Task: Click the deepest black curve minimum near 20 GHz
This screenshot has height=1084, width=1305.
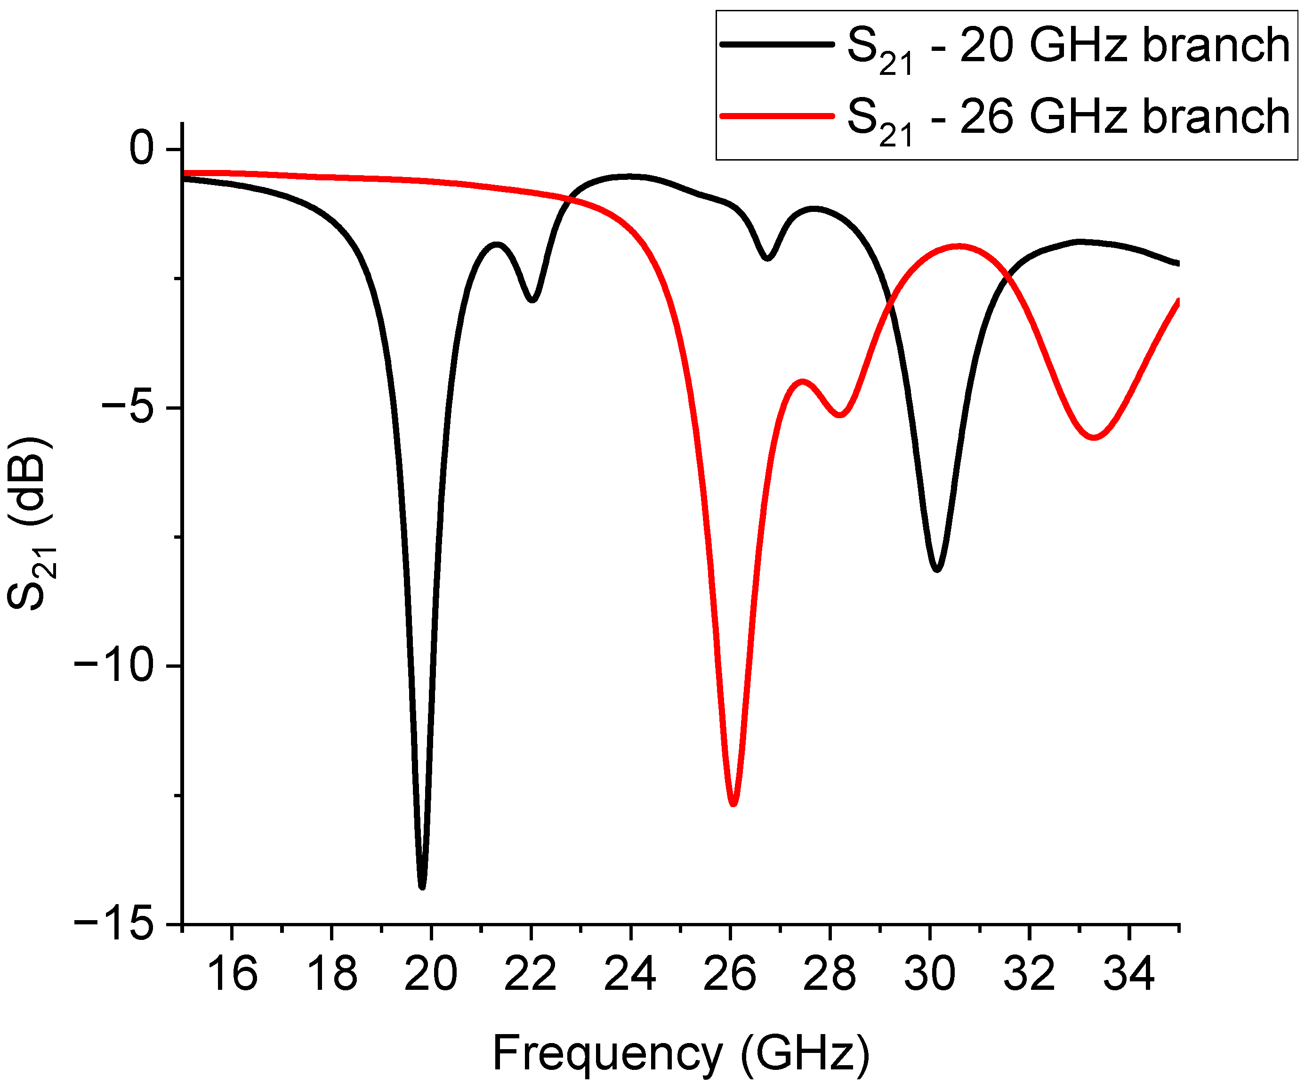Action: (423, 886)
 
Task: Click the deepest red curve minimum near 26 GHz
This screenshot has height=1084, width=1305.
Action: (733, 803)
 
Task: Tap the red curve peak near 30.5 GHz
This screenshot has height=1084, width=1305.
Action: (960, 247)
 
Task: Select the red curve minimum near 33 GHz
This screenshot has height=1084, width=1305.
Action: (1094, 437)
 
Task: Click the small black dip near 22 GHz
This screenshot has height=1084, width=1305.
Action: (532, 299)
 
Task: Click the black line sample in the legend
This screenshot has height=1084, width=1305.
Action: (776, 44)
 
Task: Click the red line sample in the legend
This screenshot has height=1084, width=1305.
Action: (776, 116)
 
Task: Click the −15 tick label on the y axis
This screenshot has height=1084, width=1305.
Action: (114, 924)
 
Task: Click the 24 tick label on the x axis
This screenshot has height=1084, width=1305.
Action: (630, 973)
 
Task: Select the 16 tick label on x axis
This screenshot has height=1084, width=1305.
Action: (231, 973)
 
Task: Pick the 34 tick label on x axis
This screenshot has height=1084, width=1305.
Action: (1128, 973)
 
